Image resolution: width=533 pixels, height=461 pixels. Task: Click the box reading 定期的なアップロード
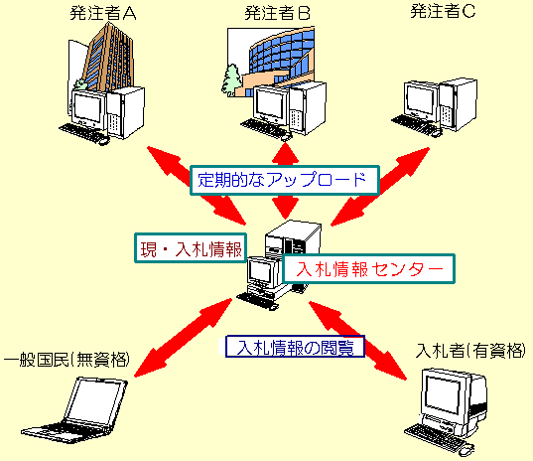[x=284, y=180]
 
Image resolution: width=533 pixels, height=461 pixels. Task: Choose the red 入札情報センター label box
[x=368, y=269]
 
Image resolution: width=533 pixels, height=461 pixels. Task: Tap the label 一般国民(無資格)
[x=66, y=358]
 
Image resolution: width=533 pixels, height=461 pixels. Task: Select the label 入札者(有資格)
[x=470, y=351]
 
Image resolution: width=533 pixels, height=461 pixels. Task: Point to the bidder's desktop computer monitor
[x=443, y=393]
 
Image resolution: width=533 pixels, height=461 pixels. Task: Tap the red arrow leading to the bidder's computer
[x=372, y=343]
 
